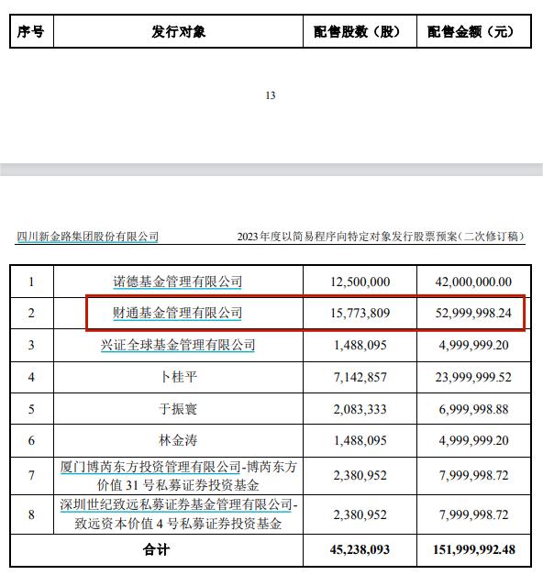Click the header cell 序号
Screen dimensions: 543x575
pos(31,32)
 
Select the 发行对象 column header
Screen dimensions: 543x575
pos(179,32)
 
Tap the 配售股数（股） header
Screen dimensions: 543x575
pos(360,32)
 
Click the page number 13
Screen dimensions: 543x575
pos(270,96)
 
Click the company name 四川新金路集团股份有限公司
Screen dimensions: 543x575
pos(88,237)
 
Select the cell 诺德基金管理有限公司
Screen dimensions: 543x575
pos(178,282)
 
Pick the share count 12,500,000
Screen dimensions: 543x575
pos(360,282)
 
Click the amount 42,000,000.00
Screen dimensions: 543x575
pos(471,282)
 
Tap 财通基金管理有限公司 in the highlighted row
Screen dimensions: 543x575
pos(178,314)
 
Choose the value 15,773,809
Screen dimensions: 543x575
pos(360,314)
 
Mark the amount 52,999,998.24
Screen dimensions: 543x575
pos(471,314)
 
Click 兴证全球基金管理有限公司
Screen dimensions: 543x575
pos(178,345)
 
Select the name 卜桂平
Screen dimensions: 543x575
pos(178,377)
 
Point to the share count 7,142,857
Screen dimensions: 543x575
pos(360,377)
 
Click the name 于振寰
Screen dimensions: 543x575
pos(178,409)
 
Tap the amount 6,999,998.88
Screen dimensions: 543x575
pos(471,409)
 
